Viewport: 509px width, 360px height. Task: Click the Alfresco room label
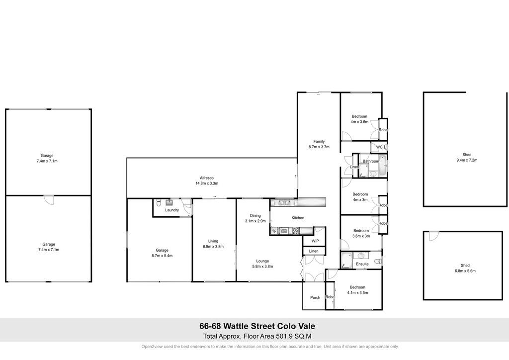click(206, 178)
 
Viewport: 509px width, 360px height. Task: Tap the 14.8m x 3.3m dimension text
click(206, 183)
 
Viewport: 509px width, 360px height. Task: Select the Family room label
click(319, 142)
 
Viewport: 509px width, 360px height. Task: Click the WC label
click(379, 147)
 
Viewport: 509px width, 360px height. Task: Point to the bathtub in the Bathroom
click(383, 166)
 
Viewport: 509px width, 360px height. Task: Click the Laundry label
click(171, 210)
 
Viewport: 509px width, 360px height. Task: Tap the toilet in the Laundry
click(159, 202)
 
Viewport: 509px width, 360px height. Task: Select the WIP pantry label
click(315, 241)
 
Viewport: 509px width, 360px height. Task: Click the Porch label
click(315, 298)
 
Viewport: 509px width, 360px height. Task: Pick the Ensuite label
click(362, 264)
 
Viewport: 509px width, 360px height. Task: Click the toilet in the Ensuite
click(378, 261)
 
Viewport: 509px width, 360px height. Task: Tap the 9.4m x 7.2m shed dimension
click(467, 160)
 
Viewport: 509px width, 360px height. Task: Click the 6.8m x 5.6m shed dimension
click(465, 270)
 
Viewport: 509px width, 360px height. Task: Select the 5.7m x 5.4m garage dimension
click(162, 256)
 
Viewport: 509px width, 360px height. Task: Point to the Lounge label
click(262, 261)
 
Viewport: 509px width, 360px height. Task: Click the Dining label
click(255, 215)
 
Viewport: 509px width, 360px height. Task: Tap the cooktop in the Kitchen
click(296, 231)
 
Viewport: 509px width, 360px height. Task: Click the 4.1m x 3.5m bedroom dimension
click(357, 293)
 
